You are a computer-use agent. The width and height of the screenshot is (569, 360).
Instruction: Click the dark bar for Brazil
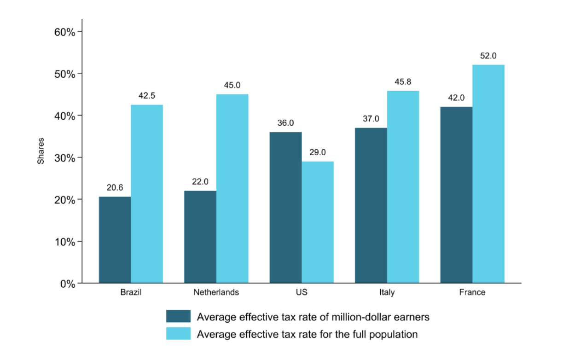[x=115, y=240]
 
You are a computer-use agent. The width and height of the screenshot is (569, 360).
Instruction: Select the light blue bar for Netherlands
[x=232, y=189]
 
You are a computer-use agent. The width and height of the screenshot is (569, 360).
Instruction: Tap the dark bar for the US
[x=285, y=208]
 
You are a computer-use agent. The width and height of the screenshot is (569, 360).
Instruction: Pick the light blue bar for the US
[x=318, y=222]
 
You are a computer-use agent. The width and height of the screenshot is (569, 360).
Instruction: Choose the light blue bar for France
[x=488, y=174]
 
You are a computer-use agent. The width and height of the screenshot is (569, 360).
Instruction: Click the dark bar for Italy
[x=371, y=205]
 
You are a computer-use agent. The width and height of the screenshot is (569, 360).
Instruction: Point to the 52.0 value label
[x=488, y=56]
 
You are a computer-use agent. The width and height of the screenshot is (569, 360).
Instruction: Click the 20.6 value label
[x=115, y=188]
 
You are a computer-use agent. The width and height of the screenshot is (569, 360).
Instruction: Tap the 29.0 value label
[x=318, y=152]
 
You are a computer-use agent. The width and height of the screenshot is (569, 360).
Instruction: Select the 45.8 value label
[x=403, y=82]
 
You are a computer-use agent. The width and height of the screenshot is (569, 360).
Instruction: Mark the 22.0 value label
[x=200, y=182]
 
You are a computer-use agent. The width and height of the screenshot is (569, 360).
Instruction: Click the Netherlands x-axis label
[x=216, y=292]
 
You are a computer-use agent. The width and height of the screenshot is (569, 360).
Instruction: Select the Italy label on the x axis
[x=387, y=292]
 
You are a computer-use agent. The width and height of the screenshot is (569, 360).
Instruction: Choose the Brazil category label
[x=131, y=292]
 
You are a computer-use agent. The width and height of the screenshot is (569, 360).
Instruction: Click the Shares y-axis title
[x=41, y=151]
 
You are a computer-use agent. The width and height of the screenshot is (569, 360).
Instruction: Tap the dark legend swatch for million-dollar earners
[x=178, y=316]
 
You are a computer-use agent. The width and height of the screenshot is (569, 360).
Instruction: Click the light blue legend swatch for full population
[x=178, y=334]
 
